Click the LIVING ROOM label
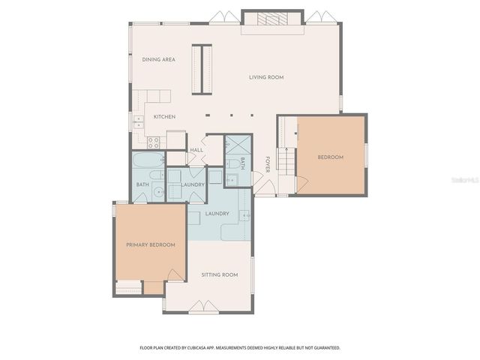[266, 77]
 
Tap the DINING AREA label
[159, 59]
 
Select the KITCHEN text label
[164, 117]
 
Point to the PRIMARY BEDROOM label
[150, 245]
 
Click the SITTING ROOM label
[220, 275]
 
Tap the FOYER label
[267, 163]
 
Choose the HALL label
[196, 150]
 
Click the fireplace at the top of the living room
[272, 20]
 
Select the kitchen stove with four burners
[153, 142]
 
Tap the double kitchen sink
[139, 121]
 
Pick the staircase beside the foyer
[286, 158]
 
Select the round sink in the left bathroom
[159, 193]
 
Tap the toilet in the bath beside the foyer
[233, 163]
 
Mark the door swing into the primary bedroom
[175, 274]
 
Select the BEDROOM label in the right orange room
[330, 157]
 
